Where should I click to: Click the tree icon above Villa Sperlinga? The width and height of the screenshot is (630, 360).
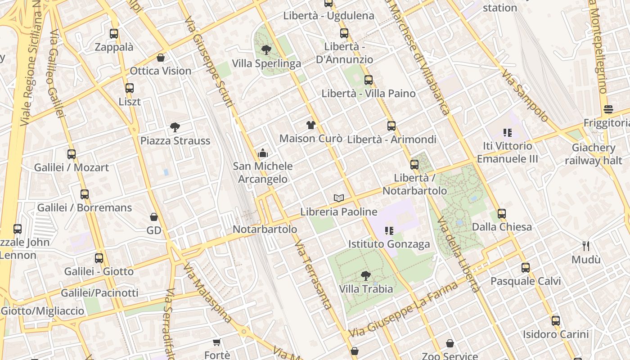coord(266,50)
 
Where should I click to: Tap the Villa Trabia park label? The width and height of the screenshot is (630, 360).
coord(366,288)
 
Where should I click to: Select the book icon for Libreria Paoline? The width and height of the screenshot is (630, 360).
coord(339,198)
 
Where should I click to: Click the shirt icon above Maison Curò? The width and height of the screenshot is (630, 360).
coord(311,125)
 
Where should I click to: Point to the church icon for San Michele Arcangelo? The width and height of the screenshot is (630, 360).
coord(263,153)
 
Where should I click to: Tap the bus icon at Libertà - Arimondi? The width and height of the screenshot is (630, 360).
coord(391,126)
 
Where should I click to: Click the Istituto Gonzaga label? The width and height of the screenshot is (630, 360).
coord(389,244)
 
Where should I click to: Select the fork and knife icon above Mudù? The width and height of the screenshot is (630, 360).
coord(586,246)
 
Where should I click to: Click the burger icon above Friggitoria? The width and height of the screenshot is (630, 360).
coord(608,109)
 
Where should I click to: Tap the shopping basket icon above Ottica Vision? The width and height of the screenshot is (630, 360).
coord(161,58)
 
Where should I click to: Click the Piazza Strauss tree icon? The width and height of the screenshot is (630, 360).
coord(175,127)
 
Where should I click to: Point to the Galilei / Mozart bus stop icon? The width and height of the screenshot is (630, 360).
coord(72,154)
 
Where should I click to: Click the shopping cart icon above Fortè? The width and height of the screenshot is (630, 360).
coord(216,342)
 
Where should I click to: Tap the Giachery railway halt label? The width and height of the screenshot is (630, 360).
coord(594,154)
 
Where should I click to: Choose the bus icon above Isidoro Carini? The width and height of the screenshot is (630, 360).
coord(556,321)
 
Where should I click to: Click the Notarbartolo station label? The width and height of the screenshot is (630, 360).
coord(265,229)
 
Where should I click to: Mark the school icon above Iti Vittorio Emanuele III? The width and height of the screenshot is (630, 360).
coord(508,133)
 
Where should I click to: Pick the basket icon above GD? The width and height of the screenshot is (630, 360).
coord(154,217)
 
